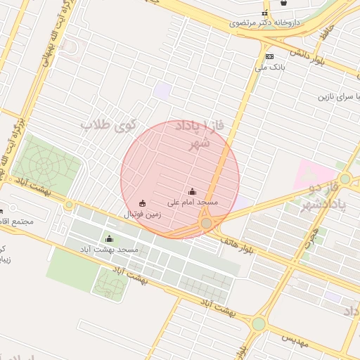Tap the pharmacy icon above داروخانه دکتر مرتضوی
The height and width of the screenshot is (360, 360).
[265, 13]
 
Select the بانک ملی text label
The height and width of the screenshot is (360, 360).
[269, 67]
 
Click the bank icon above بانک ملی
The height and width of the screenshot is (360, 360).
[269, 56]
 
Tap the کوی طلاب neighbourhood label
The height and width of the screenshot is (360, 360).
[105, 126]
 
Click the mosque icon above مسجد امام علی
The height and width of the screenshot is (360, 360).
[193, 191]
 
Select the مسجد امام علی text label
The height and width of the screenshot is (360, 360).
[193, 202]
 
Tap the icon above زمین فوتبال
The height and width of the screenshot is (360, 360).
[143, 204]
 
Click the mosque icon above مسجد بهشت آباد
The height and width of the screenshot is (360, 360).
[108, 239]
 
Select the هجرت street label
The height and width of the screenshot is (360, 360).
[314, 233]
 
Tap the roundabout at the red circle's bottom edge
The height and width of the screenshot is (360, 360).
[206, 224]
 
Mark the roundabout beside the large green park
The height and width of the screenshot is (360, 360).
[69, 205]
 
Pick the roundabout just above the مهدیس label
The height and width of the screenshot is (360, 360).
[259, 323]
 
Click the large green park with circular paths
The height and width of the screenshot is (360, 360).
[46, 165]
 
